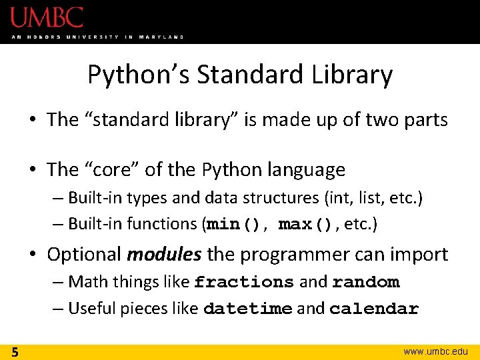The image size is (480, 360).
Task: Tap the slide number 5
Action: click(x=14, y=351)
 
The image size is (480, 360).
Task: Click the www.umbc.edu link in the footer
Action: click(x=436, y=351)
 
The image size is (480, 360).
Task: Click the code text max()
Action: click(x=305, y=225)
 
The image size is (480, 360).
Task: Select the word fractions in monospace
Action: click(x=244, y=283)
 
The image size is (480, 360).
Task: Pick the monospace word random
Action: click(x=366, y=283)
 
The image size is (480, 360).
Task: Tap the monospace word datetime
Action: click(x=247, y=309)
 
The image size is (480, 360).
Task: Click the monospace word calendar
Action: click(x=374, y=309)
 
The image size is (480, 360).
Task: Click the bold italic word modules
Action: click(x=165, y=255)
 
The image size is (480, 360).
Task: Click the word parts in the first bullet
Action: click(x=428, y=120)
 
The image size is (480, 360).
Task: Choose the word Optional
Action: click(x=84, y=255)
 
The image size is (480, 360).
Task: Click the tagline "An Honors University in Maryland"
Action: click(x=97, y=37)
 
